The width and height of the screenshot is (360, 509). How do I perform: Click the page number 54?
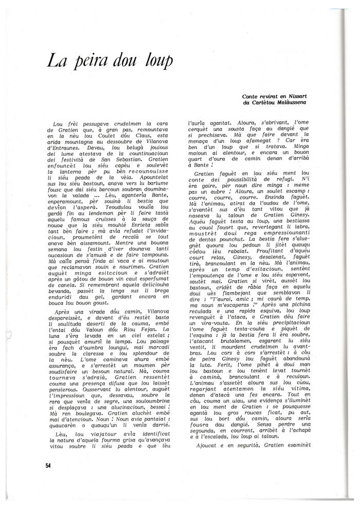tap(48, 466)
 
